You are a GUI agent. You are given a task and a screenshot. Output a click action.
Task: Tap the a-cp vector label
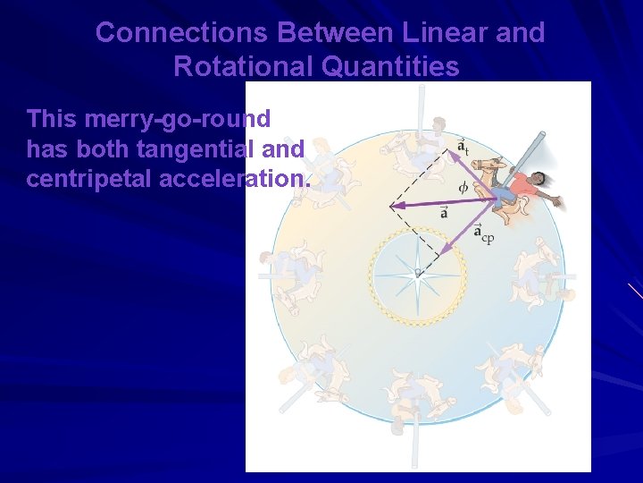pos(483,235)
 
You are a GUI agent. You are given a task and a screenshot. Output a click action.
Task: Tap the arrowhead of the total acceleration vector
pos(394,207)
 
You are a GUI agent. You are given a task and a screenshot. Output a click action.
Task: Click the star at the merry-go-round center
pos(417,273)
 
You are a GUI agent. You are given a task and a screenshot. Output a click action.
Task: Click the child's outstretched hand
pos(558,203)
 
